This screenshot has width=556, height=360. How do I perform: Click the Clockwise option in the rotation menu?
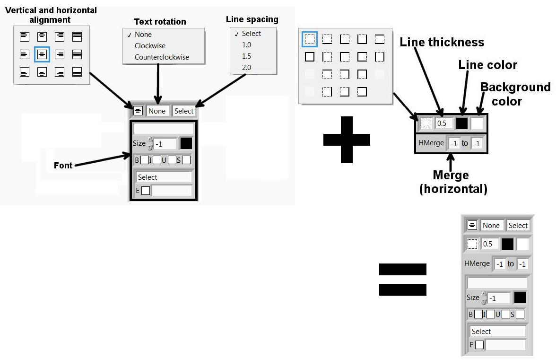(150, 46)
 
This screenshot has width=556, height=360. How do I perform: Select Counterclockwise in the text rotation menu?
(162, 57)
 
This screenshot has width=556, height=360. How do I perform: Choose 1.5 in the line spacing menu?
(246, 56)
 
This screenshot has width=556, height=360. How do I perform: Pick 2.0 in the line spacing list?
(246, 68)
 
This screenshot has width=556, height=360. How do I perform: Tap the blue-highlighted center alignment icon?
(42, 54)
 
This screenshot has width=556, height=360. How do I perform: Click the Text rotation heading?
(160, 22)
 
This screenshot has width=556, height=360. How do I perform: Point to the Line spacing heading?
(252, 19)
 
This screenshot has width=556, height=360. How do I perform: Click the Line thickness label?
(442, 43)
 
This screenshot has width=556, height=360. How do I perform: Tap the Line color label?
(487, 65)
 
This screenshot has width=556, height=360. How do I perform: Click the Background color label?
(515, 94)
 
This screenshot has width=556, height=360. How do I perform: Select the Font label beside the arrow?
(63, 166)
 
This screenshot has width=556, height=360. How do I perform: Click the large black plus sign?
(347, 140)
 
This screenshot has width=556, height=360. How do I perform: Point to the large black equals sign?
(403, 279)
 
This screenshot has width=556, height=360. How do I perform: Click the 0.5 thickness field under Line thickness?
(444, 123)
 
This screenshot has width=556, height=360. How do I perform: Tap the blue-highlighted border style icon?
(310, 39)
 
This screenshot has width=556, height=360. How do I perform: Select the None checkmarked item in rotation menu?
(143, 35)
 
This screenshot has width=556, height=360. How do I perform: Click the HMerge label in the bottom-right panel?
(477, 263)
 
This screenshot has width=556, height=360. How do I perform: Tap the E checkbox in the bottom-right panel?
(479, 345)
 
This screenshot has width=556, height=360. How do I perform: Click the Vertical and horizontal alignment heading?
(51, 15)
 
